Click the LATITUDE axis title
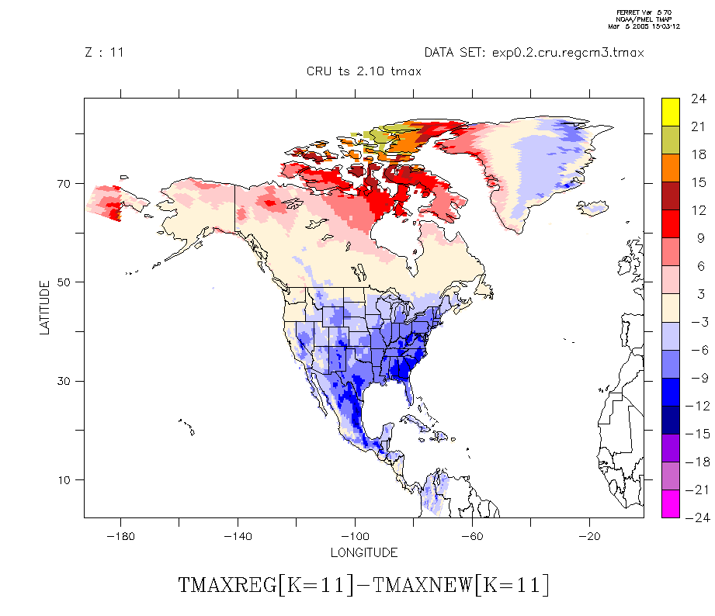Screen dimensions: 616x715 point(44,307)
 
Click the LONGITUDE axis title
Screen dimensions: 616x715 point(363,552)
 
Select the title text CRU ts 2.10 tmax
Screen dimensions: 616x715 point(364,71)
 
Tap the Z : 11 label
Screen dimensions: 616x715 point(103,53)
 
